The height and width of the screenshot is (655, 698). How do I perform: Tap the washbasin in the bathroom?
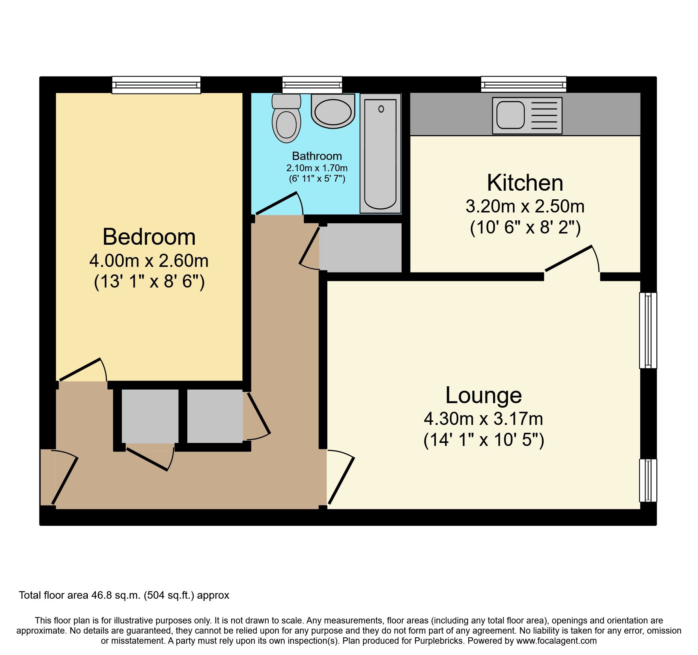click(x=333, y=111)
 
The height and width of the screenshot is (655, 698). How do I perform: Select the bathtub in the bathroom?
click(x=380, y=154)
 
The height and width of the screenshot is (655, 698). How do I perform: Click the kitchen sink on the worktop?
click(x=527, y=115)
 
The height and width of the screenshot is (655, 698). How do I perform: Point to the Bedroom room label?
click(x=149, y=237)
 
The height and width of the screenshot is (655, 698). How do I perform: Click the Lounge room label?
click(x=483, y=395)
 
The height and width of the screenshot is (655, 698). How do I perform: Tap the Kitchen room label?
click(x=525, y=183)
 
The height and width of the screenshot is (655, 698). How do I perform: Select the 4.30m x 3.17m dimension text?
click(x=483, y=419)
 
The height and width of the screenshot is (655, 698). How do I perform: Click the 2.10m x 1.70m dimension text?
click(x=317, y=168)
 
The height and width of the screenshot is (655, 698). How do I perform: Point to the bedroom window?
click(x=156, y=85)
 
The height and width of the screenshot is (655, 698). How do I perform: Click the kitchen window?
click(x=523, y=84)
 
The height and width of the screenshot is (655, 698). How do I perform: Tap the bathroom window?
click(x=312, y=85)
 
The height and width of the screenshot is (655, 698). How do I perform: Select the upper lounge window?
click(x=648, y=330)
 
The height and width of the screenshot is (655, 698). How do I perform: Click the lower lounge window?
click(x=648, y=480)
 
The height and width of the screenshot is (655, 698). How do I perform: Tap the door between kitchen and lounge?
click(x=569, y=258)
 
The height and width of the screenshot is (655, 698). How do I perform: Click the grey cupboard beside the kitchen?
click(x=363, y=248)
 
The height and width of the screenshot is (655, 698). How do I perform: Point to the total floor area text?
click(x=124, y=595)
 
